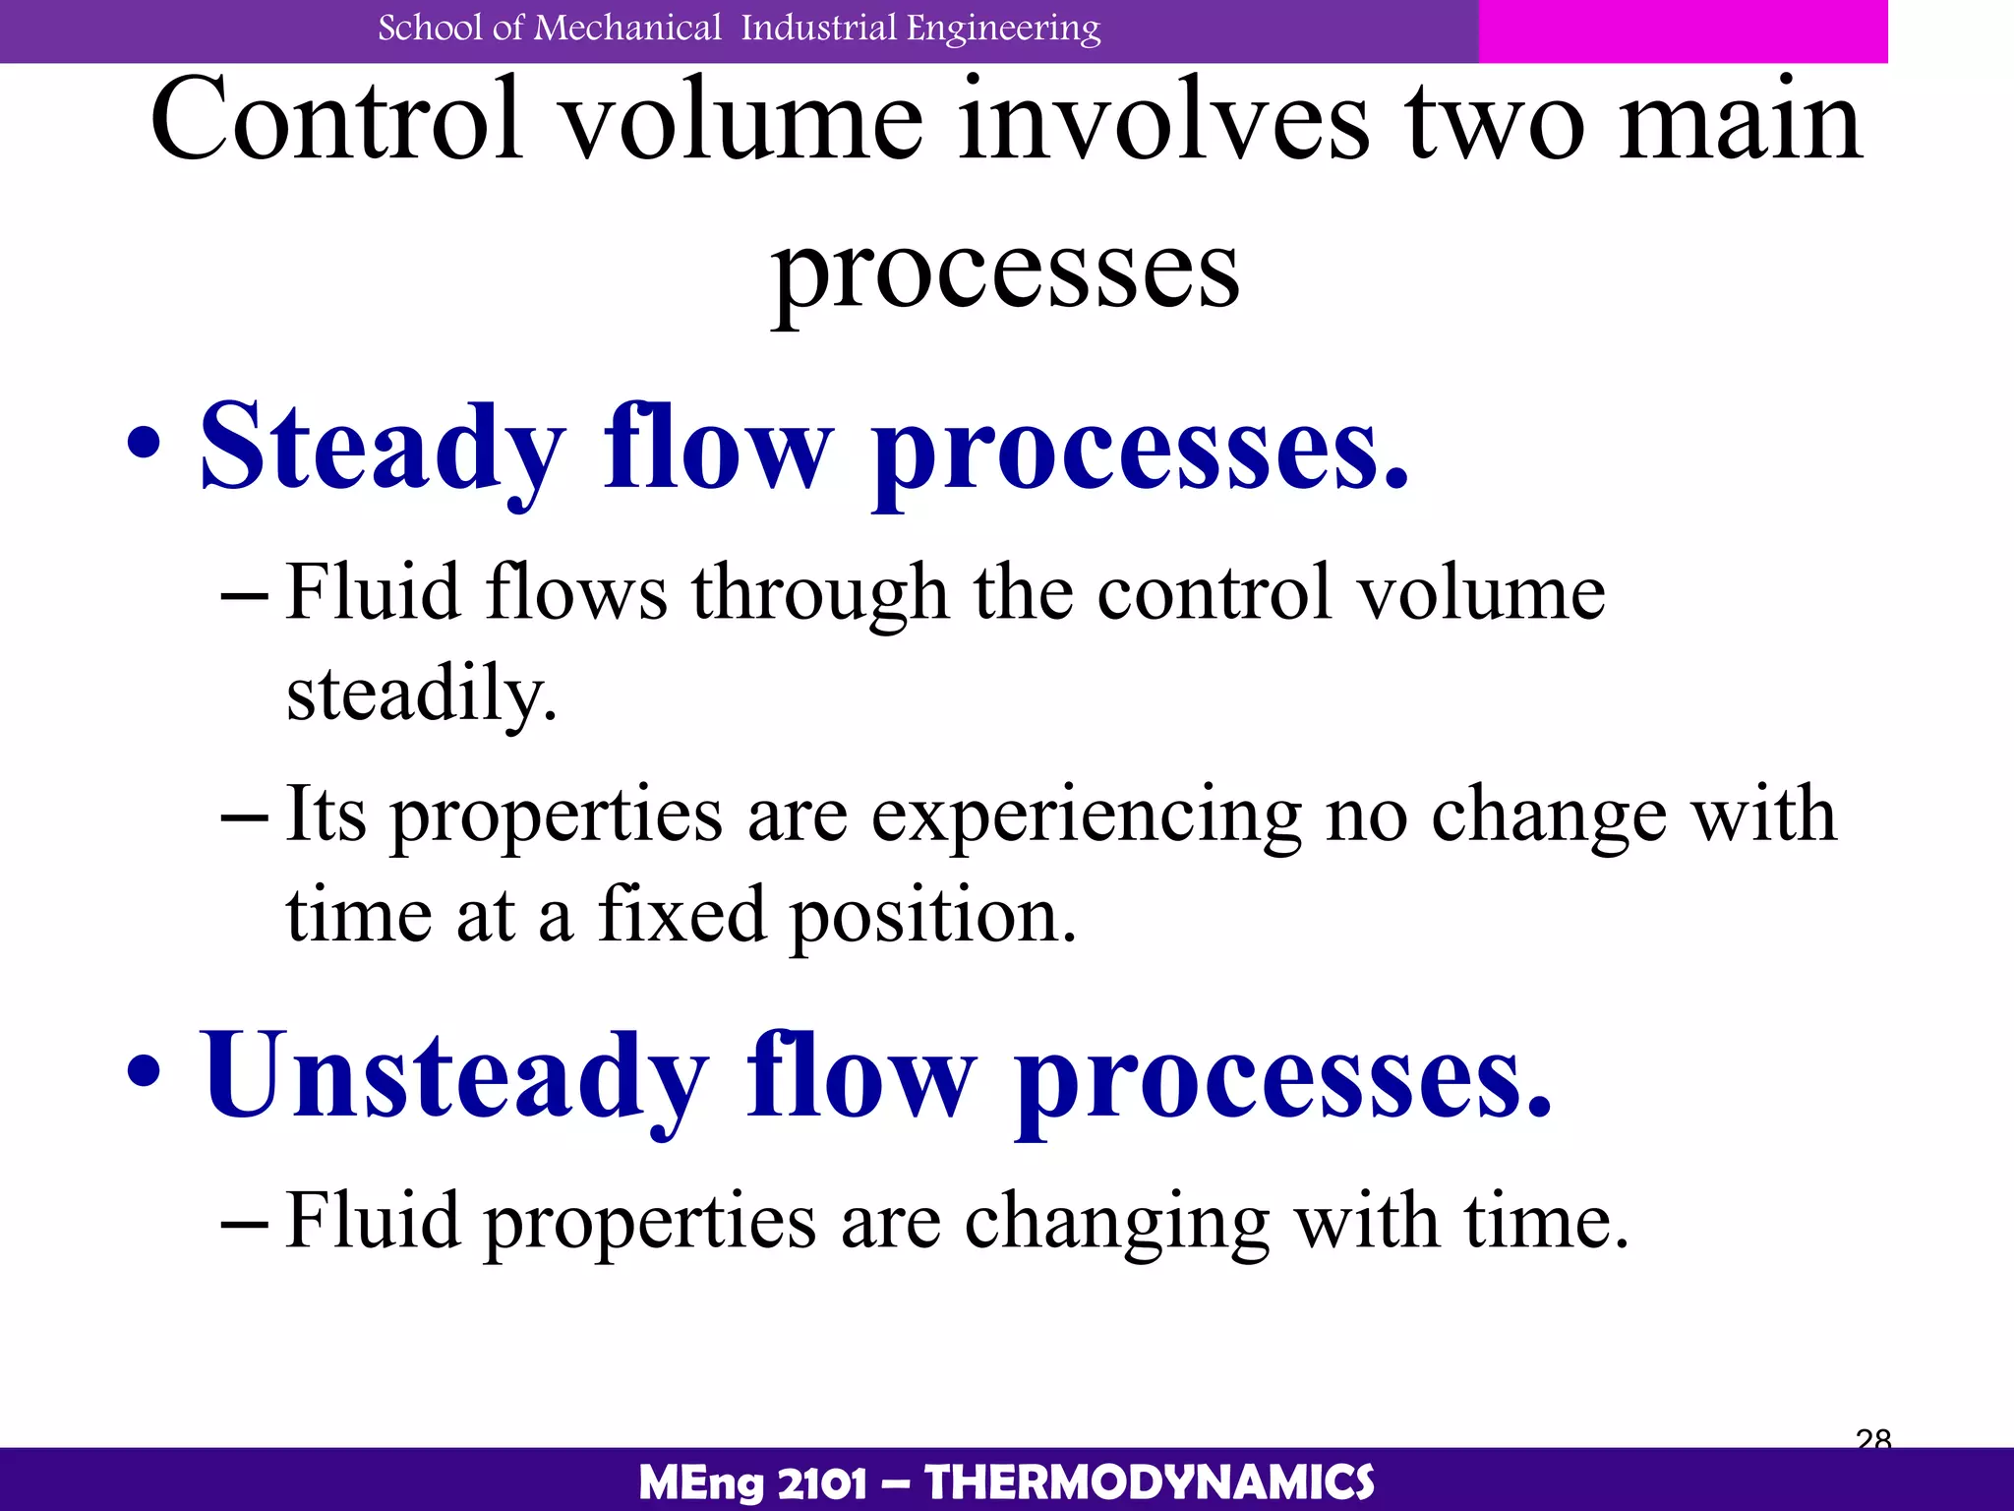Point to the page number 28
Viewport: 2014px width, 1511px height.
tap(1873, 1438)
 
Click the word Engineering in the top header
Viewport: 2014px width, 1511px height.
tap(1003, 29)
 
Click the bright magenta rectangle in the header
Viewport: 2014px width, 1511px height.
tap(1682, 30)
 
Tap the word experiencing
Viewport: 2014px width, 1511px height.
tap(1087, 817)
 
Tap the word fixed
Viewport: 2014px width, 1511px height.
tap(682, 914)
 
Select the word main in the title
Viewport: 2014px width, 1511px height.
tap(1740, 120)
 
